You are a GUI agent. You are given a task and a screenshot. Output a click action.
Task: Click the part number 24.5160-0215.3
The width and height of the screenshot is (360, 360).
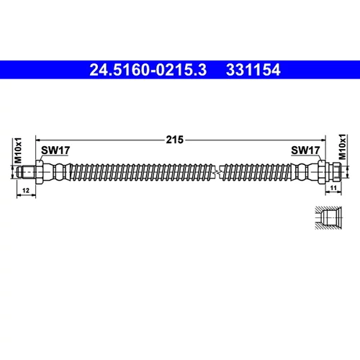[148, 70]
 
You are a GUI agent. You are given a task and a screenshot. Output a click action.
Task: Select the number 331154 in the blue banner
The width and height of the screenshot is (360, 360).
[253, 70]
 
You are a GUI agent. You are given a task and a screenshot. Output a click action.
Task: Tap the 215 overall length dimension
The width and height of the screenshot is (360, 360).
[175, 140]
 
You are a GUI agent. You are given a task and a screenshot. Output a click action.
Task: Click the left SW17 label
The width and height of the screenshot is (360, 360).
[55, 150]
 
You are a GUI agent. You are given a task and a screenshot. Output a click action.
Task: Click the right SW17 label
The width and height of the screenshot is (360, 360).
[305, 150]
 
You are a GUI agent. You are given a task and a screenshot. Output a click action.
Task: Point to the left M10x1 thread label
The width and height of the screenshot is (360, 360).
[18, 150]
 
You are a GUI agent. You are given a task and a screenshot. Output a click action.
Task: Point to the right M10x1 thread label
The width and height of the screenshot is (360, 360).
[342, 147]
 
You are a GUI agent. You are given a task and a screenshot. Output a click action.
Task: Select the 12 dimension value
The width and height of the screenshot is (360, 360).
[26, 190]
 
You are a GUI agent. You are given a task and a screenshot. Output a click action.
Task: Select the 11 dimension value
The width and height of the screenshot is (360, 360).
[333, 188]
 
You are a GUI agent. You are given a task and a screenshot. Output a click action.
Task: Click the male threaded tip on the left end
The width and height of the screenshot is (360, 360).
[27, 172]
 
